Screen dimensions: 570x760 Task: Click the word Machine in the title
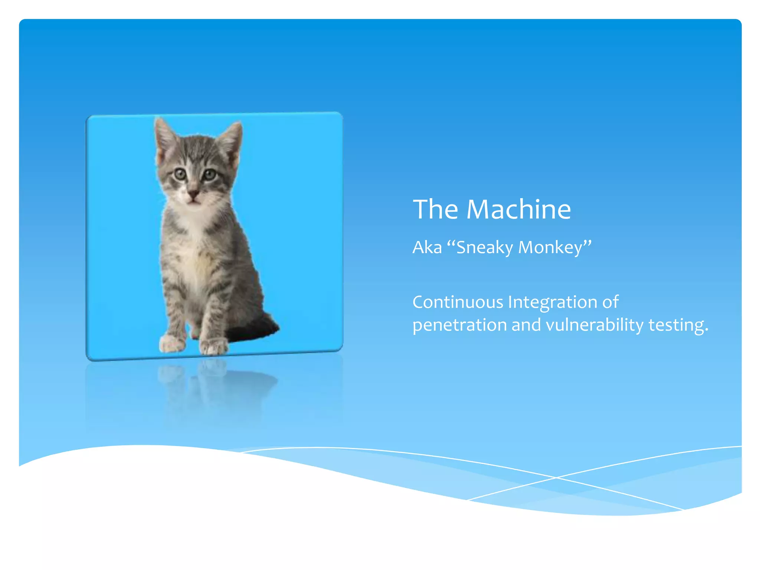(x=518, y=209)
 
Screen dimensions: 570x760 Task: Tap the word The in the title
(x=436, y=209)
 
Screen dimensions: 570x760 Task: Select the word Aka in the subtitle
(x=427, y=248)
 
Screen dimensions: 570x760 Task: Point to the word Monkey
(x=550, y=248)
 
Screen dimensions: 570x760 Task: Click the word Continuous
(x=458, y=302)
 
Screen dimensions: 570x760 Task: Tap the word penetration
(x=459, y=325)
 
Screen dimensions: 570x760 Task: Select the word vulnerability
(x=594, y=325)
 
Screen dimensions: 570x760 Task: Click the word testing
(x=678, y=325)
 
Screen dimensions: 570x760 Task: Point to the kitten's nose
(x=193, y=193)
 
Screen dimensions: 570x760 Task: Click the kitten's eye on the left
(x=180, y=174)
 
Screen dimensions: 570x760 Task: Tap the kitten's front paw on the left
(x=171, y=344)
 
